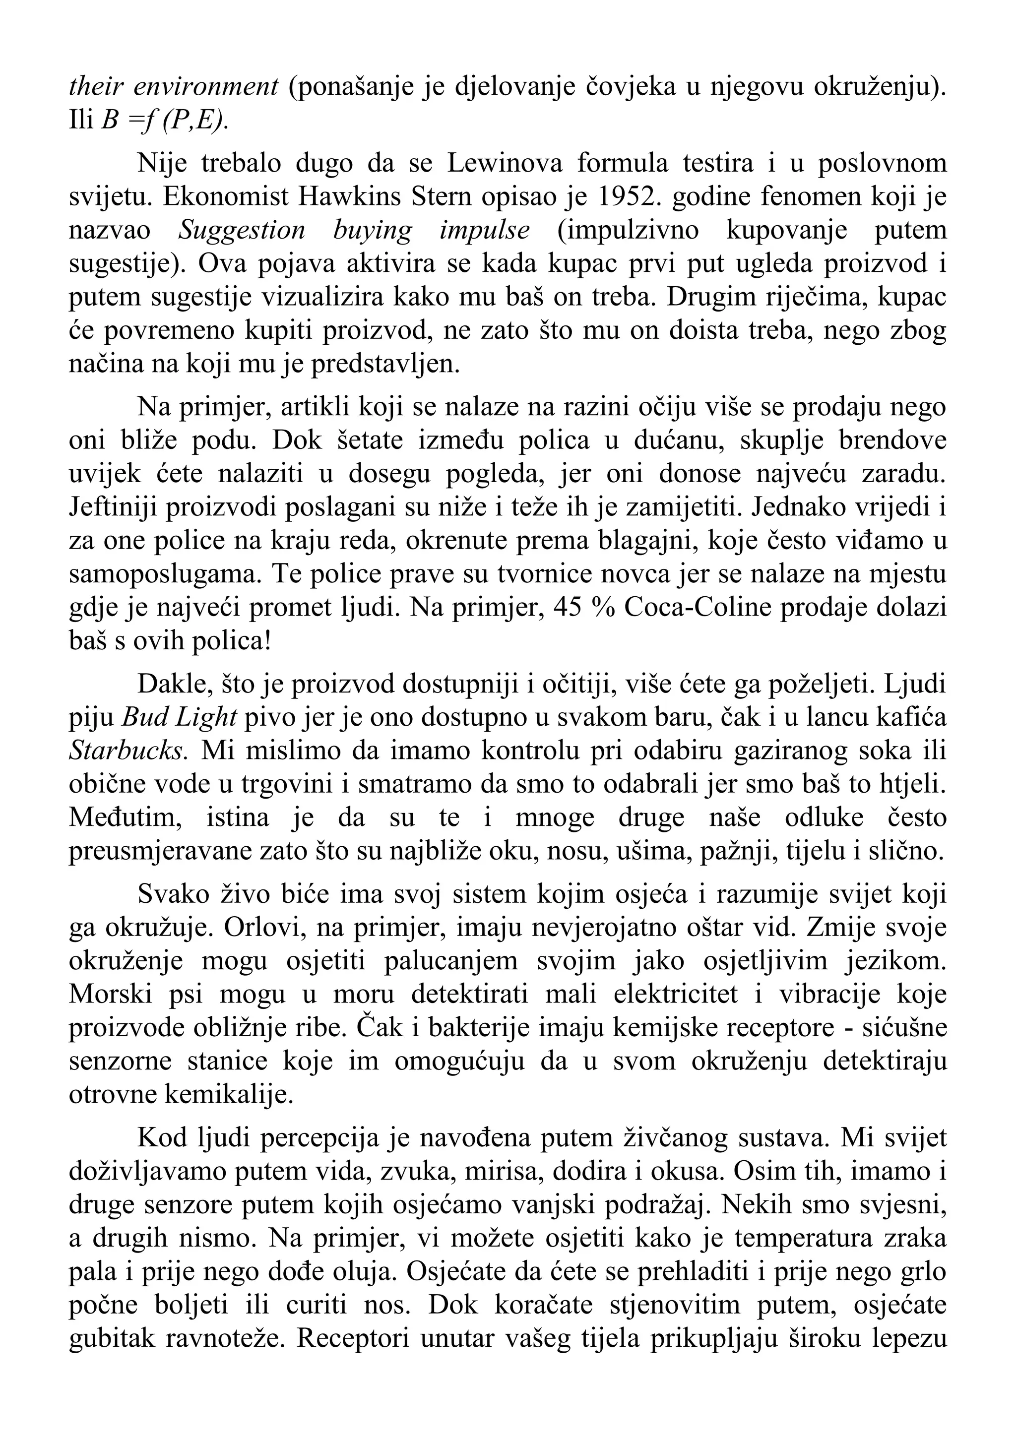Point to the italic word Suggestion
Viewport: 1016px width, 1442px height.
pyautogui.click(x=241, y=231)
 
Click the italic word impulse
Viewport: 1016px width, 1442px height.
pyautogui.click(x=484, y=231)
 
